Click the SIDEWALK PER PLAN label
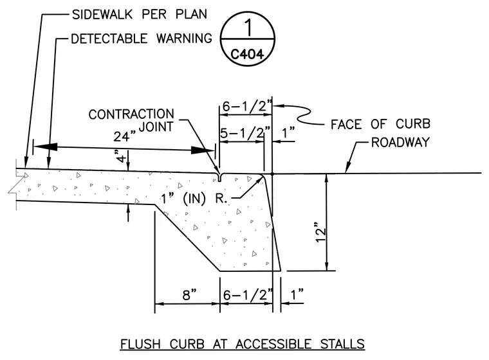(140, 14)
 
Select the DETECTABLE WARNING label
(142, 39)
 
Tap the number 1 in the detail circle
(248, 28)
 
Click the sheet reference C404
(247, 55)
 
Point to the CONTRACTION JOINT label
(131, 120)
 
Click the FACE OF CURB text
(380, 124)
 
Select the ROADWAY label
(400, 143)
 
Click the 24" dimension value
(124, 136)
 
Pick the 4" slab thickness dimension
(121, 156)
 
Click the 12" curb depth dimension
(320, 232)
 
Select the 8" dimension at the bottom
(190, 294)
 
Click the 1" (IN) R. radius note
(194, 198)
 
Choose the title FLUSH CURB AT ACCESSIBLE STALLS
(243, 344)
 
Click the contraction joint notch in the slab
(219, 177)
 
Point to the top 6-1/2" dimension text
(247, 106)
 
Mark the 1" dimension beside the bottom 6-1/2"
(297, 294)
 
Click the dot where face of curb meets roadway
(272, 174)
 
